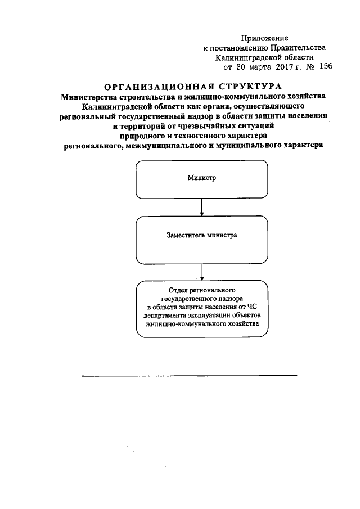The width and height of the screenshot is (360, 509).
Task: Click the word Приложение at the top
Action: click(264, 38)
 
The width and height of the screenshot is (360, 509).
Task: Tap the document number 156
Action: click(326, 66)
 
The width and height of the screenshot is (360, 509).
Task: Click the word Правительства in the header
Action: click(298, 48)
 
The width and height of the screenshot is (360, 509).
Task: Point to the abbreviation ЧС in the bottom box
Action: click(259, 307)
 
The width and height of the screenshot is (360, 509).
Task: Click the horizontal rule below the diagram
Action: click(189, 375)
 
